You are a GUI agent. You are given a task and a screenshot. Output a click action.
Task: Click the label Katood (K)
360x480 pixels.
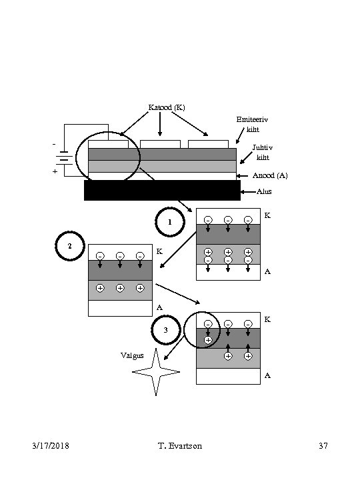point(167,107)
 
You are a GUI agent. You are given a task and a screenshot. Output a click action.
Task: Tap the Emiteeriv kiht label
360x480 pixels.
point(252,124)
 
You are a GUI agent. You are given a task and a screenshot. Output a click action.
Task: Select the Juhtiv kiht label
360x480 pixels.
point(263,152)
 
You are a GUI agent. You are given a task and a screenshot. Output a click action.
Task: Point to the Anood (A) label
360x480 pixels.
point(270,175)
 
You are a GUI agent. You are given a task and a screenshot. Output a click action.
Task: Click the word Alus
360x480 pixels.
point(264,191)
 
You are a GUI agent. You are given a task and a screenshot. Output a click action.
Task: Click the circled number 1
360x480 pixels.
point(170,222)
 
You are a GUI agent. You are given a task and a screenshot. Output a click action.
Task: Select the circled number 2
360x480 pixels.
point(70,246)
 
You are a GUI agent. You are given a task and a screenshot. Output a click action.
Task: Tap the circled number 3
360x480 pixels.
point(166,330)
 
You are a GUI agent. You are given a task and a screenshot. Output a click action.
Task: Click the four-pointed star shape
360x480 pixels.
point(156,372)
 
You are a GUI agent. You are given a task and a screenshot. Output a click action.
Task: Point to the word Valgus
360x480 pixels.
point(132,355)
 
